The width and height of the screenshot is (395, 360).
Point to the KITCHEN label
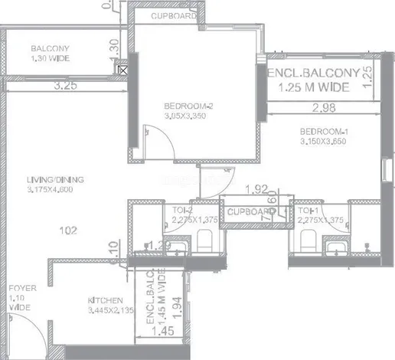coord(89,312)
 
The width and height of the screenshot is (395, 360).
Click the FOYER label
coord(17,290)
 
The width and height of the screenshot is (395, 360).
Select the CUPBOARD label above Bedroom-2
coord(170,15)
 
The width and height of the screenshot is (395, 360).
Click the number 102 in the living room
coord(69,229)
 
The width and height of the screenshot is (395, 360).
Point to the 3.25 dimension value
coord(66,87)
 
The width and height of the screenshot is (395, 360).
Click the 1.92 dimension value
coord(256,188)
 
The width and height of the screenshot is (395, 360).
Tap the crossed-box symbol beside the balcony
coord(120,69)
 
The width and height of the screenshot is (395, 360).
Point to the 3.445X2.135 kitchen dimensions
coord(89,322)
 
